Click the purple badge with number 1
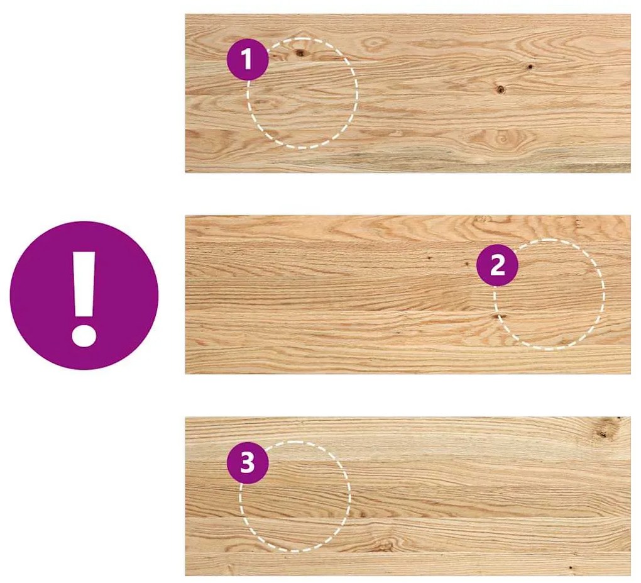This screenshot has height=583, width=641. pyautogui.click(x=248, y=59)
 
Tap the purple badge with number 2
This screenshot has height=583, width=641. pyautogui.click(x=497, y=265)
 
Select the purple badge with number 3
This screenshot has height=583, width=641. pyautogui.click(x=248, y=463)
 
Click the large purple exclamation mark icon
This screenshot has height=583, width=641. pyautogui.click(x=84, y=296)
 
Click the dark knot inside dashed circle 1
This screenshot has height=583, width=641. pyautogui.click(x=300, y=52)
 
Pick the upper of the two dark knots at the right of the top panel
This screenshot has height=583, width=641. pyautogui.click(x=530, y=66)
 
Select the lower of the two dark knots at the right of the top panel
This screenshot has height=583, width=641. pyautogui.click(x=500, y=89)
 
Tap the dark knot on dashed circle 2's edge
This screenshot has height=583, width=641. pyautogui.click(x=498, y=316)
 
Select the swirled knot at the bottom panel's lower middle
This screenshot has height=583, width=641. pyautogui.click(x=383, y=545)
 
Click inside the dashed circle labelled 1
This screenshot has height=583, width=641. pyautogui.click(x=302, y=93)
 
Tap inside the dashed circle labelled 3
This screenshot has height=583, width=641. pyautogui.click(x=295, y=497)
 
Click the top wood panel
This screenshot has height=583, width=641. pyautogui.click(x=408, y=93)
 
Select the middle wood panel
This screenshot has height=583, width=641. pyautogui.click(x=408, y=294)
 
